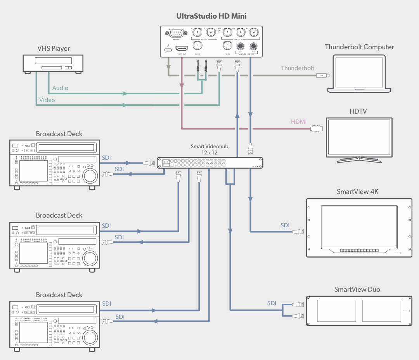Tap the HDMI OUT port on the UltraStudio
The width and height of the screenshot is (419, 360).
[182, 48]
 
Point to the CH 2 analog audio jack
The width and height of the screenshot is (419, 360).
[254, 46]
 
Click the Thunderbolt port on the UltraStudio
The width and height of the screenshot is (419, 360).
[168, 49]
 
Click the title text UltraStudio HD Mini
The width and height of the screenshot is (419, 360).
[211, 16]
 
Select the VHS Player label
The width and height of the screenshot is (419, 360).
[54, 48]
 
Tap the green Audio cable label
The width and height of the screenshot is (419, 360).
[60, 88]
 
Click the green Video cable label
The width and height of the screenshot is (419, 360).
[47, 100]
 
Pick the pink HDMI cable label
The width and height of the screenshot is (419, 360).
[299, 122]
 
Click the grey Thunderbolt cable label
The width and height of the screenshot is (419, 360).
[298, 68]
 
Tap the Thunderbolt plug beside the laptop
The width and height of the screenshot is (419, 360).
[323, 76]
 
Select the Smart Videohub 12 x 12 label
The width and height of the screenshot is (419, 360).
[210, 150]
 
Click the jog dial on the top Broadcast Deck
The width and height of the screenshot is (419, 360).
[89, 175]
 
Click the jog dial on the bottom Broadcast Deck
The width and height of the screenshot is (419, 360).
[89, 336]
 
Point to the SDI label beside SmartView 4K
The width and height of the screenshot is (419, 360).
[285, 225]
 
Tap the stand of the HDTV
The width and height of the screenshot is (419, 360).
[359, 159]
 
